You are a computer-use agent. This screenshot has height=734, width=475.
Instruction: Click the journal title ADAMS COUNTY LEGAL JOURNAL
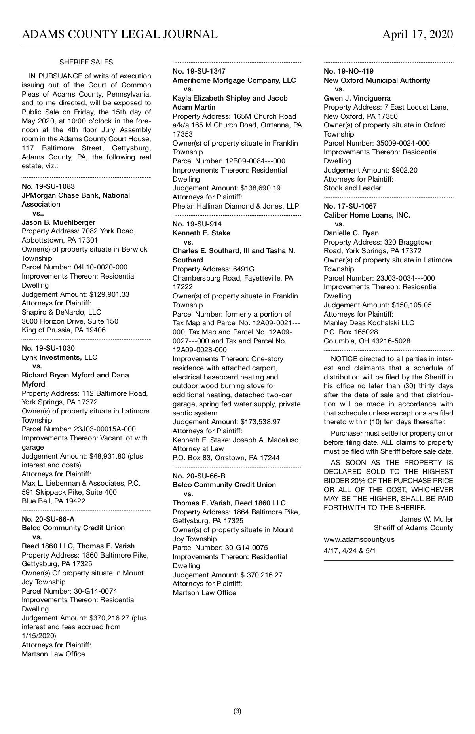(120, 35)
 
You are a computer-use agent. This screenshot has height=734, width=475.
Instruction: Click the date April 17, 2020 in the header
(418, 35)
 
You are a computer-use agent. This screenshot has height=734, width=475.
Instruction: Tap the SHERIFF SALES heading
(86, 62)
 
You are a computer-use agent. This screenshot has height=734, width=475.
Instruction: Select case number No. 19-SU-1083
(48, 186)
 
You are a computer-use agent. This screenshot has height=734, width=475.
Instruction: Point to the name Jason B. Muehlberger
(58, 222)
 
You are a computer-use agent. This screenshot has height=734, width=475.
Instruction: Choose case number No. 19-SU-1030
(48, 348)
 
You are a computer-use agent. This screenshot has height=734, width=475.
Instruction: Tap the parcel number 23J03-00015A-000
(105, 429)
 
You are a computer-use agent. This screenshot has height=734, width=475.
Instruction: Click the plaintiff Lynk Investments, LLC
(59, 357)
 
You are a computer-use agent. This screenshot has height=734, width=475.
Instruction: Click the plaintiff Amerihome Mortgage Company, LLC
(234, 80)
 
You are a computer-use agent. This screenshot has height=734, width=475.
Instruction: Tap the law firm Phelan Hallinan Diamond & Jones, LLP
(236, 206)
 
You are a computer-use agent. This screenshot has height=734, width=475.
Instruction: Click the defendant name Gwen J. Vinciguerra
(357, 98)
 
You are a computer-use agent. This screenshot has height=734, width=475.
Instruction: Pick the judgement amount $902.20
(405, 170)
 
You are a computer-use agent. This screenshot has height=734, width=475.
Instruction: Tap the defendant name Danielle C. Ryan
(351, 233)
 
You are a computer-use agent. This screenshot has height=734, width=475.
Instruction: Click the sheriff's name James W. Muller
(426, 519)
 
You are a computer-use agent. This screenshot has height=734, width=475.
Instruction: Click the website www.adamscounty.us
(359, 539)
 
